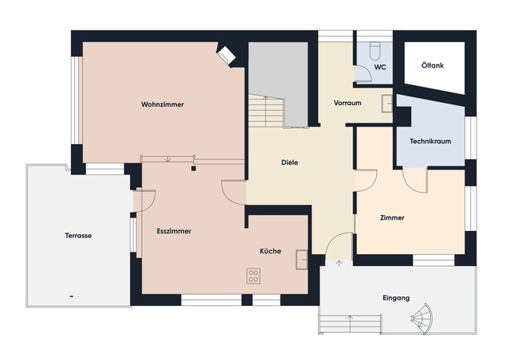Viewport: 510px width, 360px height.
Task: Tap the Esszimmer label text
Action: (174, 231)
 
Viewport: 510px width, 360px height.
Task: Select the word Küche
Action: (270, 251)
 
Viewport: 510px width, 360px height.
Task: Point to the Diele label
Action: (290, 162)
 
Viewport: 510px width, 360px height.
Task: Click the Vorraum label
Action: (348, 103)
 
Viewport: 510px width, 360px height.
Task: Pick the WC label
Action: (380, 68)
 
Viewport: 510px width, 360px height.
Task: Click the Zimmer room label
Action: (392, 217)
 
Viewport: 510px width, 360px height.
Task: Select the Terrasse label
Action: (78, 236)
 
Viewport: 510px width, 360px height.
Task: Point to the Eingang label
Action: (396, 298)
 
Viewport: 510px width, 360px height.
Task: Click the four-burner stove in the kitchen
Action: (254, 277)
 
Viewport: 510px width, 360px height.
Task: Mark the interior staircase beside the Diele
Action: (265, 110)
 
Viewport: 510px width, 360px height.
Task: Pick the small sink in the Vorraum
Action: (386, 101)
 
